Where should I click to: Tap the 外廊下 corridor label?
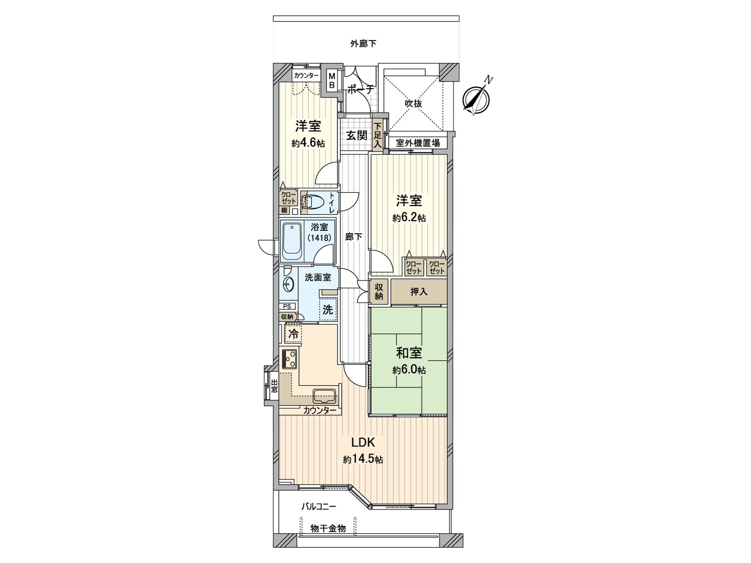(x=363, y=44)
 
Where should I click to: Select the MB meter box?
(x=331, y=81)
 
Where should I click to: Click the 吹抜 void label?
(x=413, y=104)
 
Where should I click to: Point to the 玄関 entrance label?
(x=357, y=136)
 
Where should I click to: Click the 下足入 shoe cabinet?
(x=377, y=136)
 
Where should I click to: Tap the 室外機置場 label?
(x=418, y=143)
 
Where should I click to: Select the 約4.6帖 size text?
(x=308, y=144)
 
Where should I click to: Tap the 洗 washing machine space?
(x=328, y=310)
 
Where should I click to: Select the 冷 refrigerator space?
(x=293, y=335)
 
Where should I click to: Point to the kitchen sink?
(x=324, y=396)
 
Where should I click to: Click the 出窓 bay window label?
(x=274, y=386)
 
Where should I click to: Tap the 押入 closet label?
(x=419, y=292)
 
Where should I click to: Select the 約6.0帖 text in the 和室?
(x=409, y=370)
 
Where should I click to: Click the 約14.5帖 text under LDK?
(x=362, y=460)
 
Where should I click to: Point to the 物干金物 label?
(x=328, y=528)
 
